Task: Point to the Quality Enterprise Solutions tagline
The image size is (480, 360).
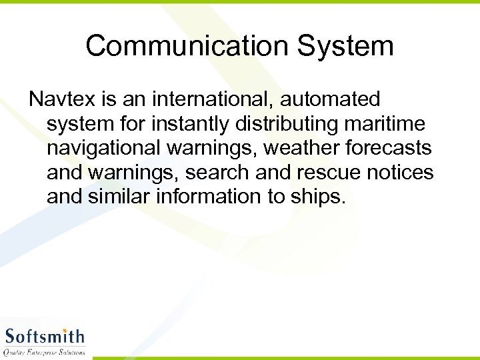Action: pos(45,351)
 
